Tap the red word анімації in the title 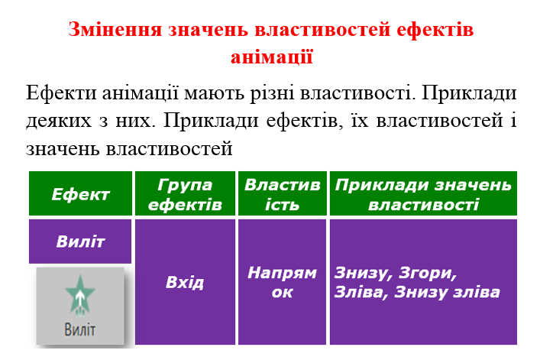click(x=271, y=57)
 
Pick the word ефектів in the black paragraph click(x=297, y=121)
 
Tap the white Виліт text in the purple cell click(x=80, y=242)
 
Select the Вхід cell click(x=185, y=282)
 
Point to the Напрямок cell click(x=282, y=282)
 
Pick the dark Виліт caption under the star click(x=80, y=329)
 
